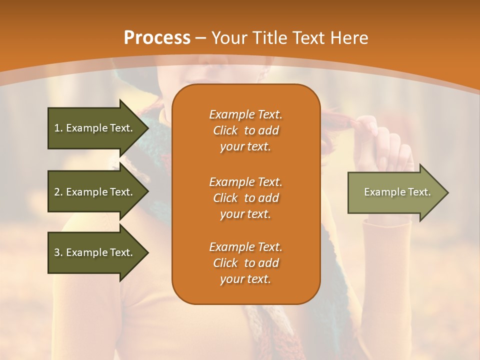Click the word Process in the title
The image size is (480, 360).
coord(157,38)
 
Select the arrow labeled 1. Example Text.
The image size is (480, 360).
coord(95,128)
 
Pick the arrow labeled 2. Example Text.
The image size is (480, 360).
coord(95,192)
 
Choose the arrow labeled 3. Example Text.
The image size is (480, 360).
coord(95,252)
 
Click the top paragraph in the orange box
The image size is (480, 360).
coord(245,130)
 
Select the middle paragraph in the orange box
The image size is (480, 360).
coord(245,198)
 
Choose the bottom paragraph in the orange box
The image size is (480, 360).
coord(245,263)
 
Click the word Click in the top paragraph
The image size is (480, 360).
coord(225,131)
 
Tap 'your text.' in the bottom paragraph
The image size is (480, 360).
coord(245,279)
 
